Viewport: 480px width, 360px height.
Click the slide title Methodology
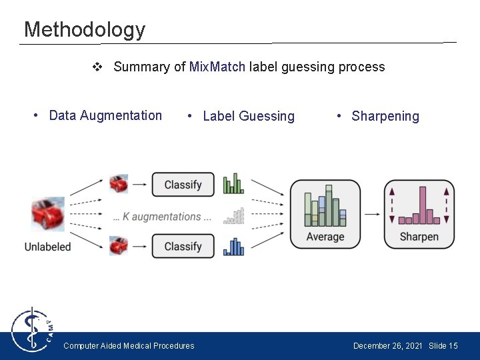coord(84,29)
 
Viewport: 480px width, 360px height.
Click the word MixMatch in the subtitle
coord(217,67)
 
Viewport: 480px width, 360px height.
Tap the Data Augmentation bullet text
coord(105,115)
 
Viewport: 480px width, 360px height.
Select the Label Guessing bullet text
coord(248,116)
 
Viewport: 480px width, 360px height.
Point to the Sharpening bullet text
coord(385,116)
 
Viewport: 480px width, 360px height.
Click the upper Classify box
coord(183,185)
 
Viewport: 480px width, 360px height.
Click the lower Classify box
coord(183,246)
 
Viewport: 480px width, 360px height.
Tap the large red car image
coord(48,214)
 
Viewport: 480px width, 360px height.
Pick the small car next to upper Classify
coord(119,183)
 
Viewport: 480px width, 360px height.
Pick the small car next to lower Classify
coord(119,245)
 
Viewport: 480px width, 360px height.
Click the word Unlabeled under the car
coord(47,247)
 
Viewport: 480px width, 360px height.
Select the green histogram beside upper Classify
coord(233,184)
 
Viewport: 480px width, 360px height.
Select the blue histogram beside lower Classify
coord(233,247)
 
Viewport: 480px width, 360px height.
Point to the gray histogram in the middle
coord(233,216)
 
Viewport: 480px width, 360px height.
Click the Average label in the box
coord(325,237)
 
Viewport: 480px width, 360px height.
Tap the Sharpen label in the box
coord(419,237)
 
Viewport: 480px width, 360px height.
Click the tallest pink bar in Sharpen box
coord(421,205)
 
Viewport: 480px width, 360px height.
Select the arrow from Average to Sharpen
coord(372,215)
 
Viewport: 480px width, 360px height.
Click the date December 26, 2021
coord(387,345)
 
